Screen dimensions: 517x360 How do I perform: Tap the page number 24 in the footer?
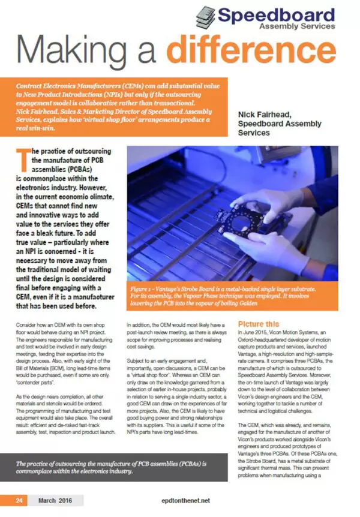click(x=19, y=500)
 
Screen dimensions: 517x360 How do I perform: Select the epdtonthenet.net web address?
click(x=180, y=500)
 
